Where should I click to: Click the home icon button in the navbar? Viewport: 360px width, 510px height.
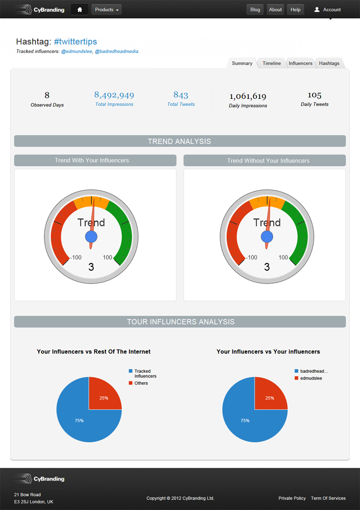coord(79,10)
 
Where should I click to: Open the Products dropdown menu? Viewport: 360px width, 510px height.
coord(107,10)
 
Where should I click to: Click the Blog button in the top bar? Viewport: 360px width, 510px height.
coord(255,10)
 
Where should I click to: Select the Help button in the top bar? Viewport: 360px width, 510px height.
coord(295,10)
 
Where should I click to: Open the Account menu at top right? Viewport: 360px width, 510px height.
coord(327,10)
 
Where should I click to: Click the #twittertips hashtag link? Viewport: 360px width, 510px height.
coord(75,42)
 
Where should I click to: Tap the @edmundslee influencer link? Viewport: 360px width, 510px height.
coord(76,52)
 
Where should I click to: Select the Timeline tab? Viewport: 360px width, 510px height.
coord(271,63)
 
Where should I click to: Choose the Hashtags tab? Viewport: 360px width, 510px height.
coord(329,63)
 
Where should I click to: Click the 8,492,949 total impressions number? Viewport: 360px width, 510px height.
coord(114,95)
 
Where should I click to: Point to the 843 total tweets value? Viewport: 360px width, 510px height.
coord(181,95)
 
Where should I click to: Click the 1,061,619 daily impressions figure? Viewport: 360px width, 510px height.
coord(248,96)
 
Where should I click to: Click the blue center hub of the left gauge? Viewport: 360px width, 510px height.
coord(91,237)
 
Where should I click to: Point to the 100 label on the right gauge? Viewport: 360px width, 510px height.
coord(283,258)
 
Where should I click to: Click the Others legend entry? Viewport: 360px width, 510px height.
coord(141,383)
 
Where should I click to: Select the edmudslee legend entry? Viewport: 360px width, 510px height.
coord(311,378)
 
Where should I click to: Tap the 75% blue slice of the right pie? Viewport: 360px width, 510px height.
coord(245,421)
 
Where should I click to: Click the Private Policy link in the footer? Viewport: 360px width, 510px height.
coord(292,498)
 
